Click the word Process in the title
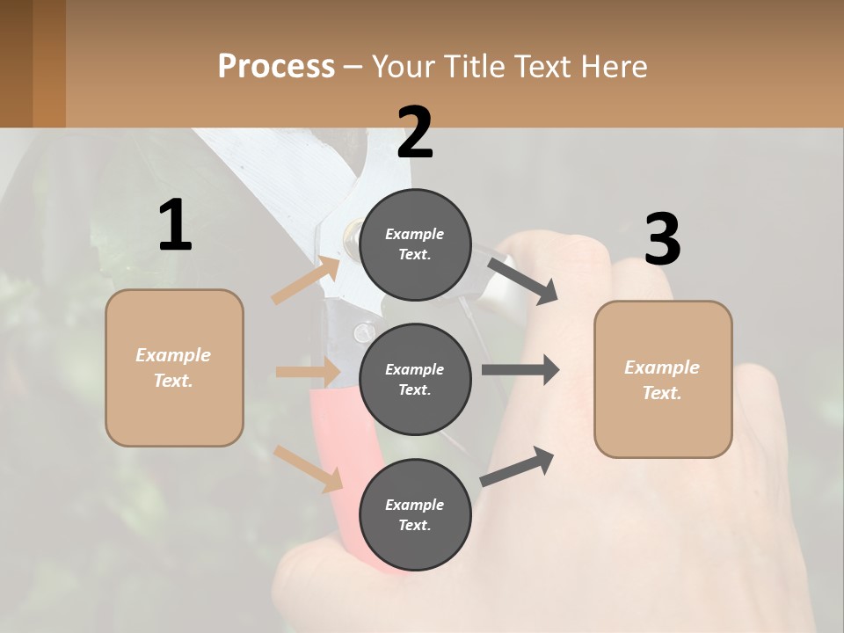click(x=276, y=66)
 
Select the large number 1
click(x=175, y=225)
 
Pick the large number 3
click(x=662, y=239)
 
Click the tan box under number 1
click(x=174, y=367)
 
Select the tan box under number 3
click(x=663, y=380)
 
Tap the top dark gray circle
click(x=415, y=244)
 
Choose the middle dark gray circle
click(x=415, y=379)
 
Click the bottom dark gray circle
click(x=415, y=514)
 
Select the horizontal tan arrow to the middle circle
click(x=308, y=372)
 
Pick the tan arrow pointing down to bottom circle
click(x=309, y=469)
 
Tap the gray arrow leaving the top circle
click(x=522, y=280)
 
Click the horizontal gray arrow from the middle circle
click(x=520, y=369)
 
